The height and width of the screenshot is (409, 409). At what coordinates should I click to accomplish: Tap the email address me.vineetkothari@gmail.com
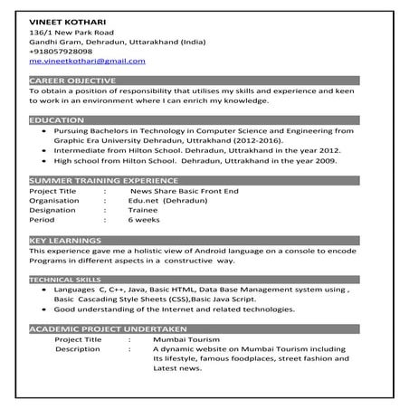pyautogui.click(x=87, y=61)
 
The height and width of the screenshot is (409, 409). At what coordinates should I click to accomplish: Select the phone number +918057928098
pyautogui.click(x=66, y=51)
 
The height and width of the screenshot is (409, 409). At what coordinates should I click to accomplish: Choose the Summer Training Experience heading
pyautogui.click(x=97, y=180)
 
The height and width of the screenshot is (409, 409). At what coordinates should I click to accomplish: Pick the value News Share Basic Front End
pyautogui.click(x=184, y=191)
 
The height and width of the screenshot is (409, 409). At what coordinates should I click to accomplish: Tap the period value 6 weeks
pyautogui.click(x=144, y=220)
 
